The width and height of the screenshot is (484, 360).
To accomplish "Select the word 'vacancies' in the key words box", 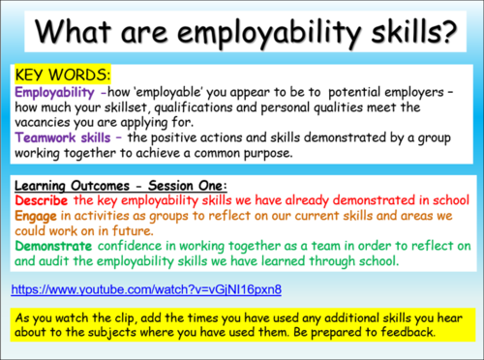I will (49, 123).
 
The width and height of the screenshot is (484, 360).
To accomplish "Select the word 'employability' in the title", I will (270, 35).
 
